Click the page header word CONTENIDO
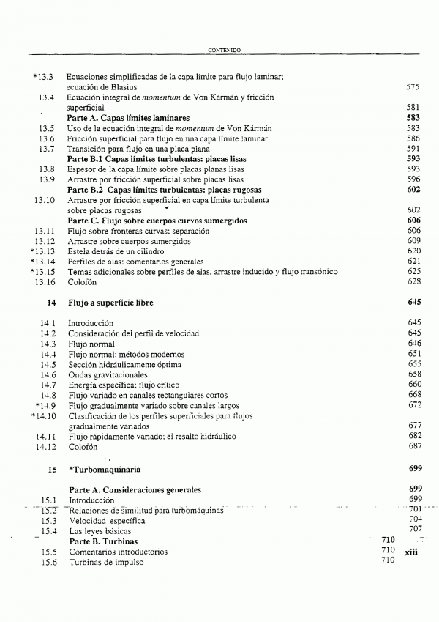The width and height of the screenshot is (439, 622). tap(225, 50)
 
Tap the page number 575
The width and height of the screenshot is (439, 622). tap(412, 86)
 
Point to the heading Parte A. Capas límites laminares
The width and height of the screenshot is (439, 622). tap(128, 117)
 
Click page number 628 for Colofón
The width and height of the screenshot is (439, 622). tap(413, 281)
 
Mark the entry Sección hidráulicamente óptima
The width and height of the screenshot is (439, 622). tap(124, 364)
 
